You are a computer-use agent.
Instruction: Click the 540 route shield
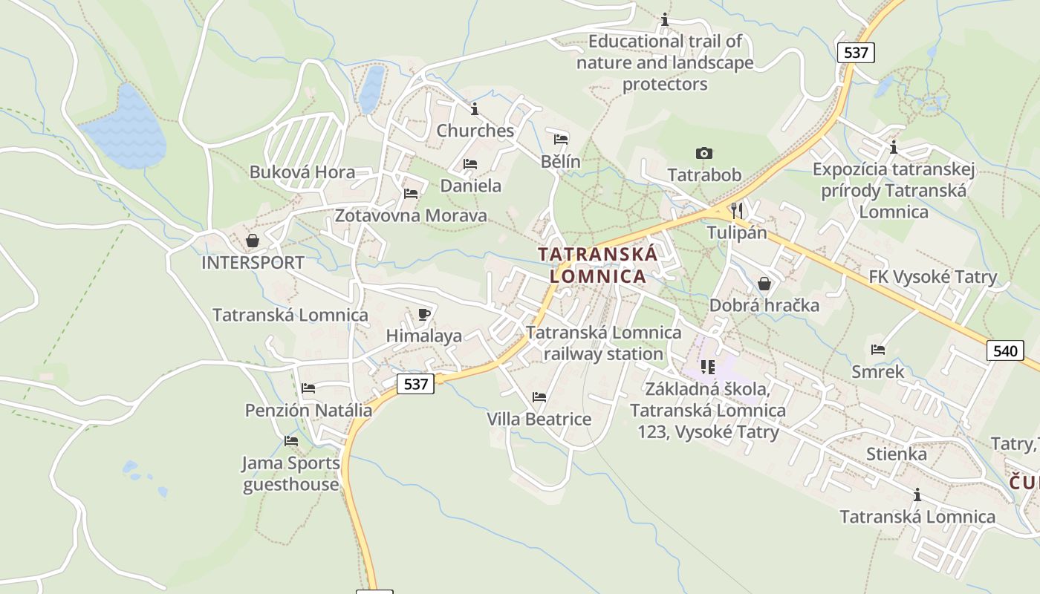pos(1004,350)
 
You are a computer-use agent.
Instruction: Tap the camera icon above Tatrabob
pos(703,154)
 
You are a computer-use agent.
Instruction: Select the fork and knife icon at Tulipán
pos(736,210)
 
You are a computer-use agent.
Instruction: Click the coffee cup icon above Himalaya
pos(423,315)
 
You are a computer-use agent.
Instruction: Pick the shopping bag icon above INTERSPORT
pos(253,241)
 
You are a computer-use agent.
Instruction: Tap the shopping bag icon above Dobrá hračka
pos(764,284)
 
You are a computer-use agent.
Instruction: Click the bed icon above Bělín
pos(561,140)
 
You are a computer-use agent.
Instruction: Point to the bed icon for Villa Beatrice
pos(539,397)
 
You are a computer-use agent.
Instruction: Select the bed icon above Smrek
pos(878,350)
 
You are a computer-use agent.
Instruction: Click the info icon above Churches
pos(475,109)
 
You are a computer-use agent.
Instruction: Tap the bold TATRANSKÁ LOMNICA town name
pos(597,265)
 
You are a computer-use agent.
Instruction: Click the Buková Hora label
pos(302,172)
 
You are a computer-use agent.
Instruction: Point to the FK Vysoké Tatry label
pos(933,277)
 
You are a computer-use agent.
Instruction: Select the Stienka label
pos(896,454)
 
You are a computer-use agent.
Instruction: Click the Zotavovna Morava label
pos(411,216)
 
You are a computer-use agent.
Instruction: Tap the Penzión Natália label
pos(308,410)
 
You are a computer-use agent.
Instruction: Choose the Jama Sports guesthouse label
pos(291,474)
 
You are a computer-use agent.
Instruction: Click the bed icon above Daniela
pos(469,164)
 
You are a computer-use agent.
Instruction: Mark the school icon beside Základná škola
pos(707,367)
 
